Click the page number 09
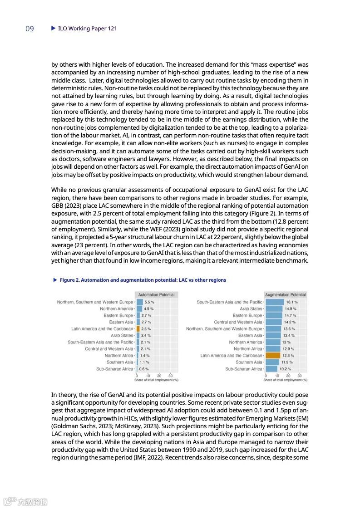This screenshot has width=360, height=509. (30, 29)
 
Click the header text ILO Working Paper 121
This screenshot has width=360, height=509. (88, 29)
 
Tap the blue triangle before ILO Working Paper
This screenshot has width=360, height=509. (53, 28)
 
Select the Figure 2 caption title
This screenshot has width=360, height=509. (143, 280)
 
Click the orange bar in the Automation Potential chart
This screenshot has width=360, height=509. (138, 328)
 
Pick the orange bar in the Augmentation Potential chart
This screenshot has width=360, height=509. (273, 356)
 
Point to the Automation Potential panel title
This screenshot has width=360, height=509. (156, 295)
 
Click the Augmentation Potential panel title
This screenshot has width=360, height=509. (285, 295)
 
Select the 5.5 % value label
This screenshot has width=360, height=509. (149, 302)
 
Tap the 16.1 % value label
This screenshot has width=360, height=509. (291, 302)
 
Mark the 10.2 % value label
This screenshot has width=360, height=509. (285, 369)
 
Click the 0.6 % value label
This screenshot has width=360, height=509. (143, 369)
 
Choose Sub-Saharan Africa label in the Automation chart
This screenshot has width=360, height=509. (115, 369)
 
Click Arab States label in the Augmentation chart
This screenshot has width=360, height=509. (251, 308)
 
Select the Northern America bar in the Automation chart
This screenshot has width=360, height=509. (139, 308)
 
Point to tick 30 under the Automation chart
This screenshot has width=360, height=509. (170, 376)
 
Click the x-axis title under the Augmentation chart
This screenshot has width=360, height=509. (285, 380)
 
